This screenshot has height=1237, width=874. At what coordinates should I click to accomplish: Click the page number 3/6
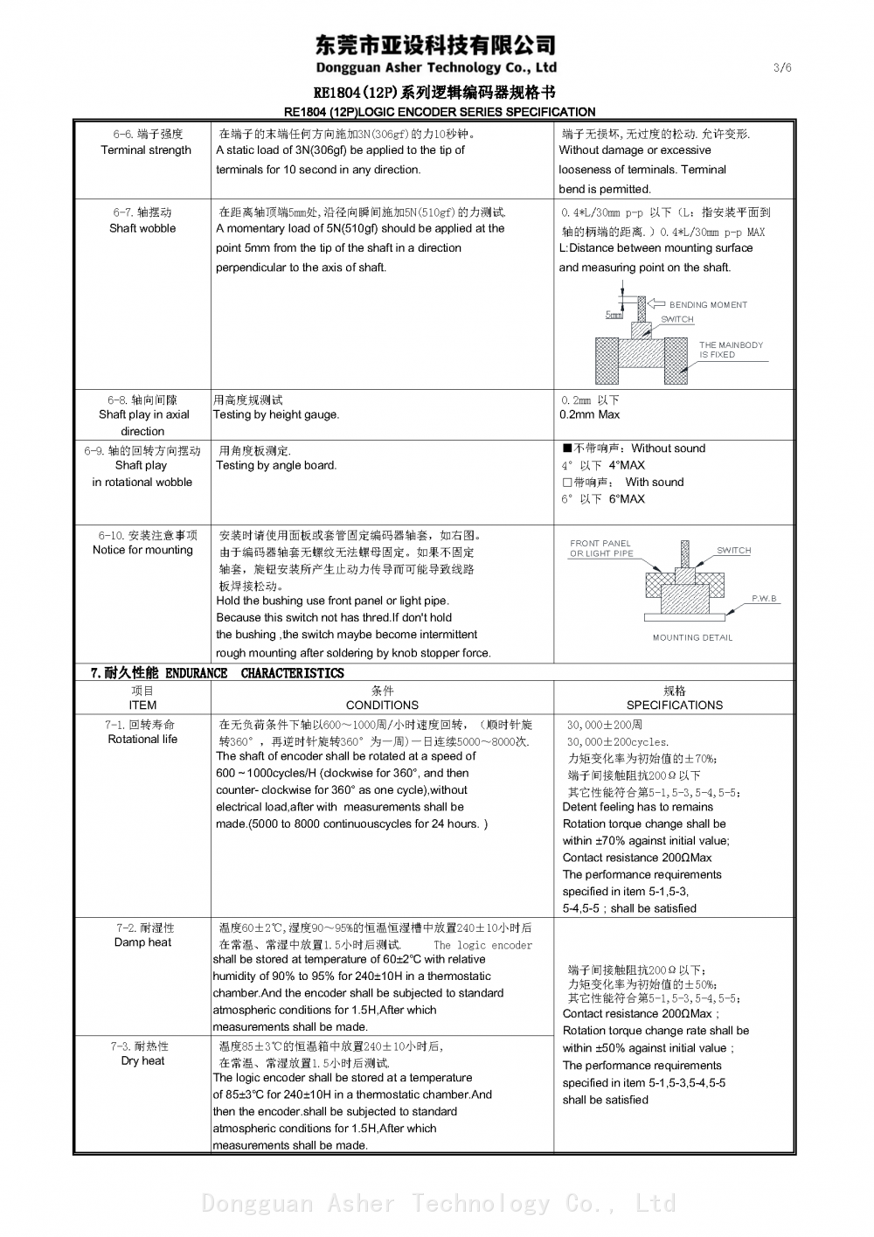click(x=782, y=68)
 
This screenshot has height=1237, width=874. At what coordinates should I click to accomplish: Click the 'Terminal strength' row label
click(x=146, y=150)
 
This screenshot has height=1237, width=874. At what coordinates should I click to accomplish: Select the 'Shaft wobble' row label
click(x=142, y=228)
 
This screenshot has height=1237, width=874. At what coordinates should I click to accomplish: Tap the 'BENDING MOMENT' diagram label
click(x=708, y=305)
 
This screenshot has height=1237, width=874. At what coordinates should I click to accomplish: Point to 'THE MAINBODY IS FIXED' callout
click(x=731, y=350)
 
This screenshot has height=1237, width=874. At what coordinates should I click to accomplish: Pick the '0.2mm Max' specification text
click(x=589, y=415)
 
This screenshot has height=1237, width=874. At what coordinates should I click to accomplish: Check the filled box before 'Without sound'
click(x=566, y=448)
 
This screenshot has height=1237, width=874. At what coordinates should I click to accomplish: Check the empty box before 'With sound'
click(x=566, y=483)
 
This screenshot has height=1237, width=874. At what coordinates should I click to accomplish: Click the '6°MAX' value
click(x=627, y=499)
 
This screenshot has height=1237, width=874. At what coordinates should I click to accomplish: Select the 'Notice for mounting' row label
click(x=142, y=550)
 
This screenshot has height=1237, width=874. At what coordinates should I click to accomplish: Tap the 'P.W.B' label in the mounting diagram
click(x=764, y=599)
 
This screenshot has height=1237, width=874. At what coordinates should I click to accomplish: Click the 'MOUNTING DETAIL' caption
click(x=692, y=638)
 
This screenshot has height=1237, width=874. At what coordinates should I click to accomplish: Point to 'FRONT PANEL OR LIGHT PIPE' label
click(x=601, y=548)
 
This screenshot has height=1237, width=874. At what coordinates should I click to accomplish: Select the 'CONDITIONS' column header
click(x=382, y=705)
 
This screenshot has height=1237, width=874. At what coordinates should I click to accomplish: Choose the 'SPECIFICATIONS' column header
click(x=674, y=705)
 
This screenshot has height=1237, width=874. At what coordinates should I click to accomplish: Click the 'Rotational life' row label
click(x=142, y=740)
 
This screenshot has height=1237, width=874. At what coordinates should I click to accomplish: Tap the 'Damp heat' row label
click(x=142, y=942)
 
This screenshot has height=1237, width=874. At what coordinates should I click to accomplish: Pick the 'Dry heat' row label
click(x=142, y=1061)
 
